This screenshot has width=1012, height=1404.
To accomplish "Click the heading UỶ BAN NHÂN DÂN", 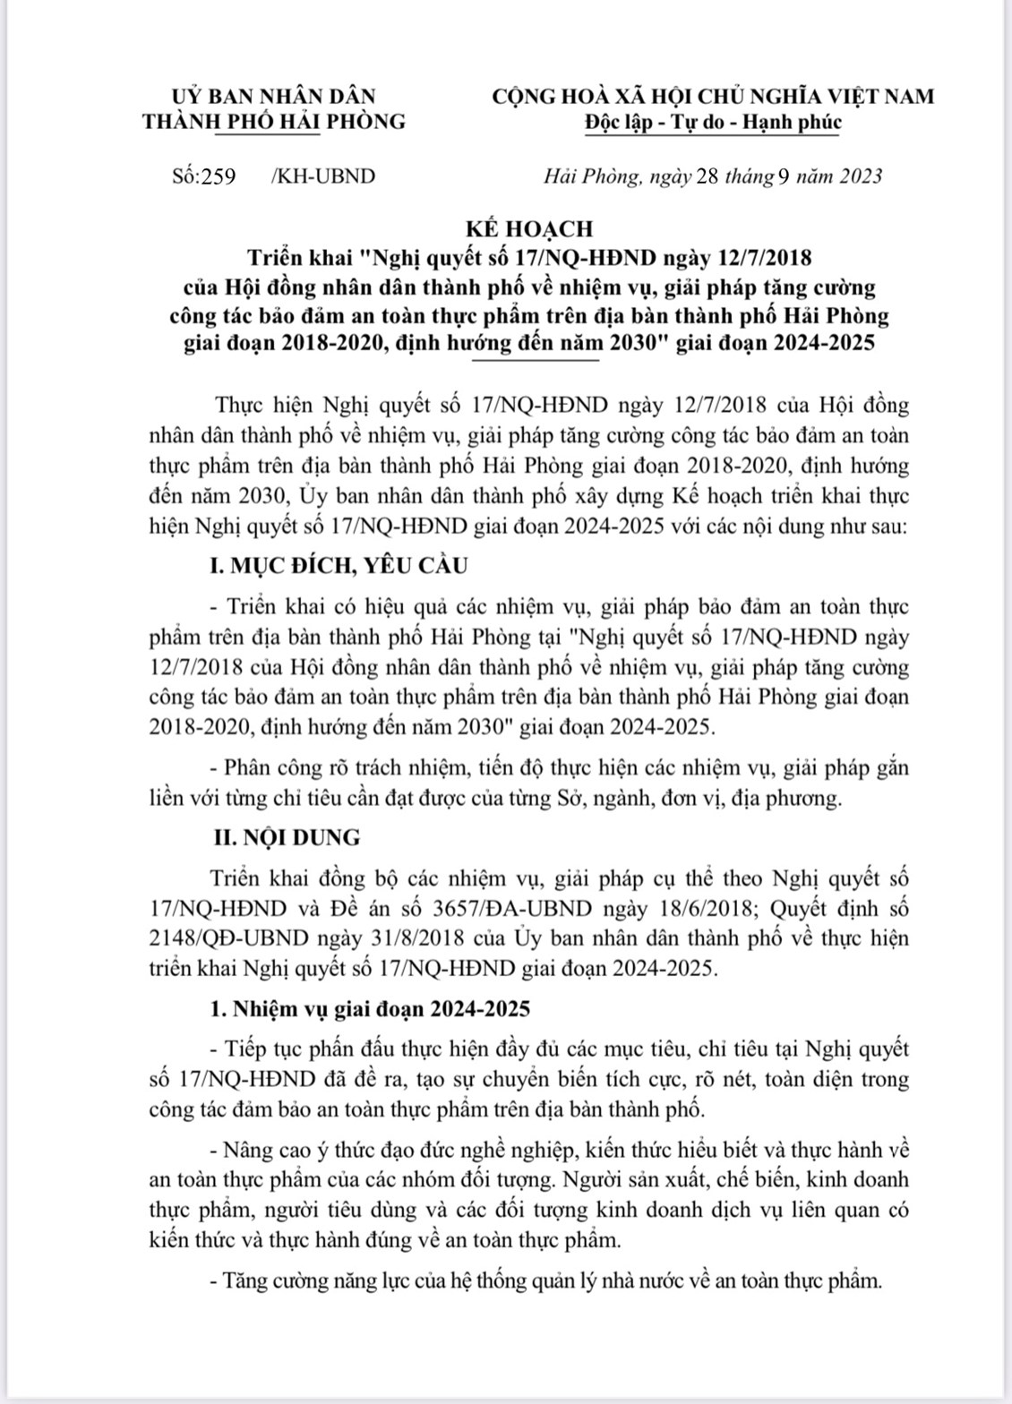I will point(273,96).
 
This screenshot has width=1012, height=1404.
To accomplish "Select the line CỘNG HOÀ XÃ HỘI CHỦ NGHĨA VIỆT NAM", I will point(713,96).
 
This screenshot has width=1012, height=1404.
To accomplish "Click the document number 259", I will point(219,175).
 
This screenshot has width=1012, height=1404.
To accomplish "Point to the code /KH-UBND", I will point(322,175).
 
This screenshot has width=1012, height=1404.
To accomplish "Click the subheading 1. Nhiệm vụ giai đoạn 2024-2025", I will point(369,1009).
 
